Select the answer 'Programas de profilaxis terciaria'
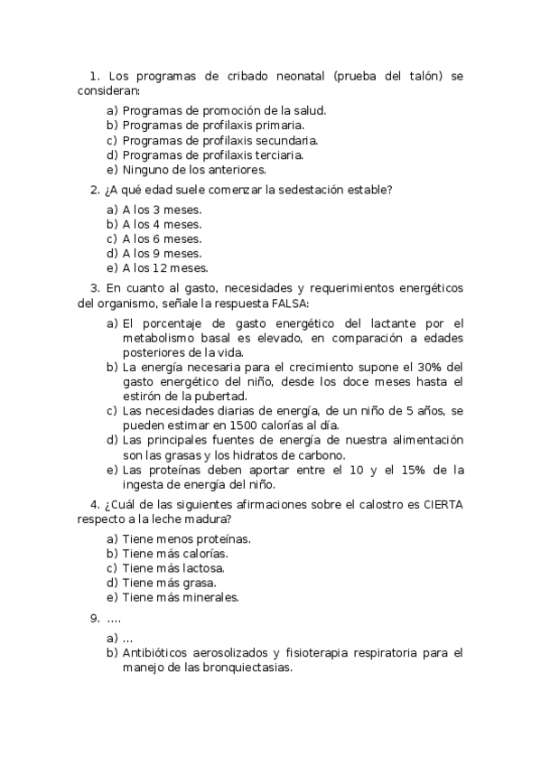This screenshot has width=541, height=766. coord(212,154)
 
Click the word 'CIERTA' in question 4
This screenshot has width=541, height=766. coord(443,504)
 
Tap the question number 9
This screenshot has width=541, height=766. coord(94,619)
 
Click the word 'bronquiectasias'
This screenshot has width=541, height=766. coord(251,668)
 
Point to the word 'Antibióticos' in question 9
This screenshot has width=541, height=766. coord(156,652)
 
